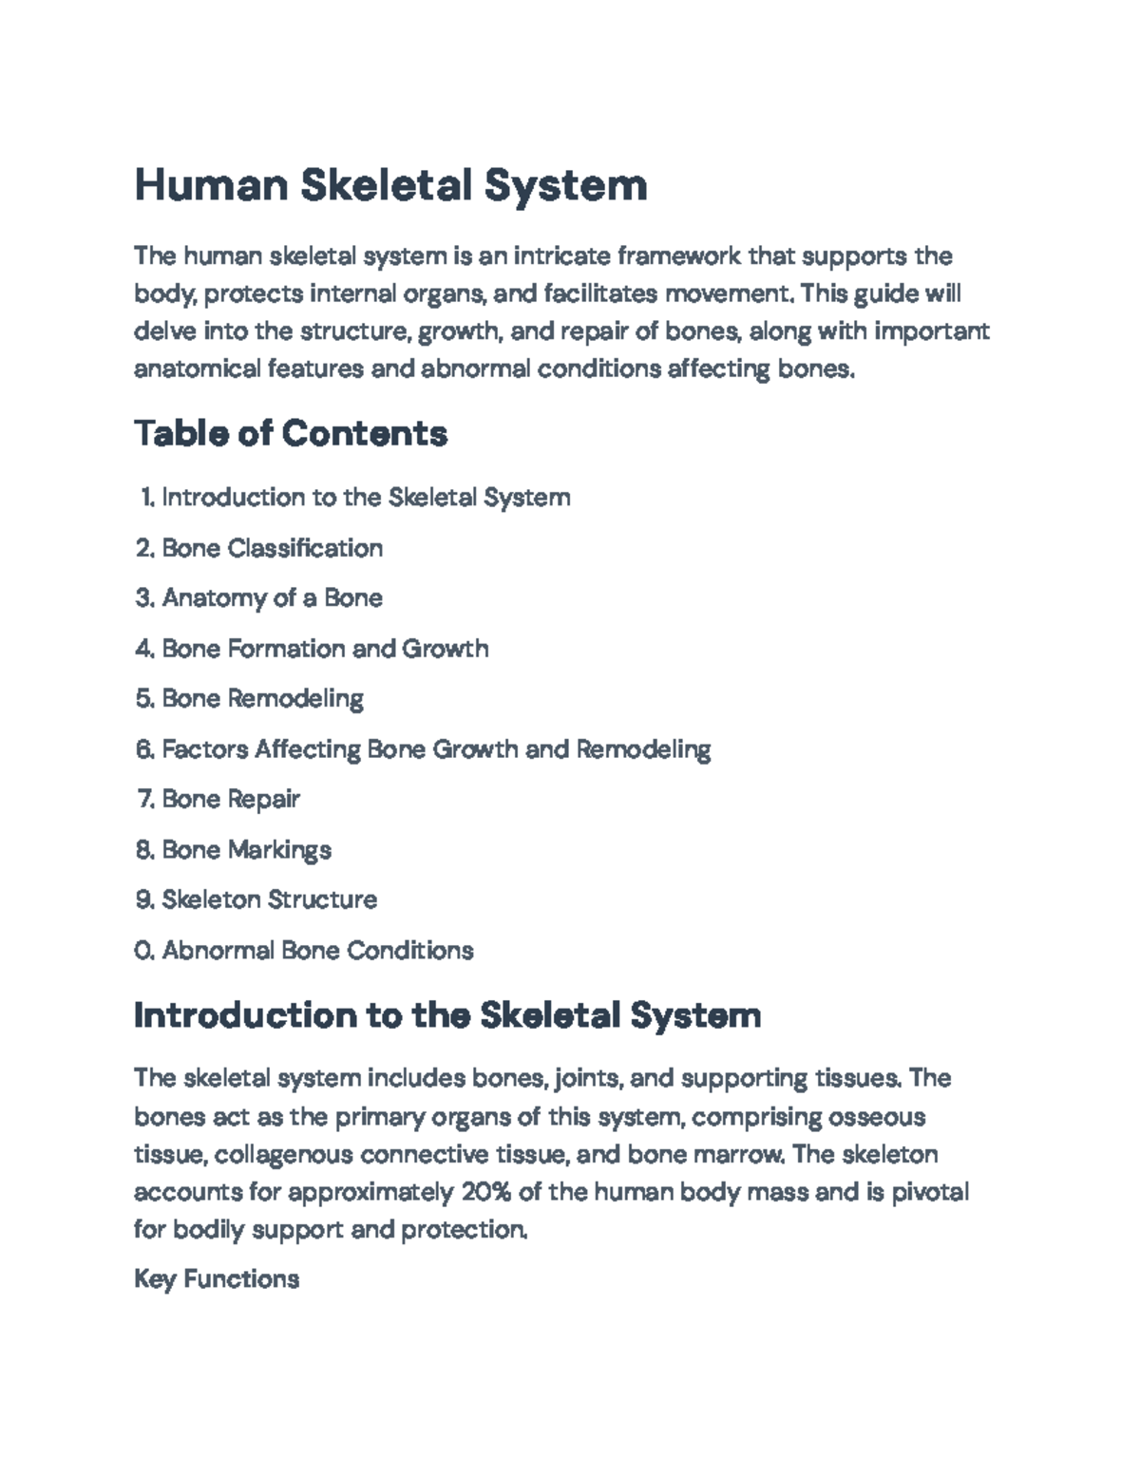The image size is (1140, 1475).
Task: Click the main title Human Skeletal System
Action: [x=390, y=184]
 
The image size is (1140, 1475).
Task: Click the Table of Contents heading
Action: [x=291, y=433]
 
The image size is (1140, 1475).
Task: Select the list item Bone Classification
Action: [x=272, y=548]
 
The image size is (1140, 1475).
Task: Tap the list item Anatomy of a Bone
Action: [x=272, y=598]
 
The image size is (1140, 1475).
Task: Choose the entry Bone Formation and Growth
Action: [x=325, y=649]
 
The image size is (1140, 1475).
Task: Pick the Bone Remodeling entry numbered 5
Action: [x=262, y=699]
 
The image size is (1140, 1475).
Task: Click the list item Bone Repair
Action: [x=231, y=800]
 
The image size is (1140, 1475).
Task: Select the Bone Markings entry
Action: [x=246, y=850]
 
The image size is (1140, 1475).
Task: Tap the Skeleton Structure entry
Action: [x=269, y=899]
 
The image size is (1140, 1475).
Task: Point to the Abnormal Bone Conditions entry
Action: [x=317, y=950]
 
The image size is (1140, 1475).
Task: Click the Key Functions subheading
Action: [x=217, y=1279]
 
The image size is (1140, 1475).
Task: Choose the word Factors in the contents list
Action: [x=203, y=749]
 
